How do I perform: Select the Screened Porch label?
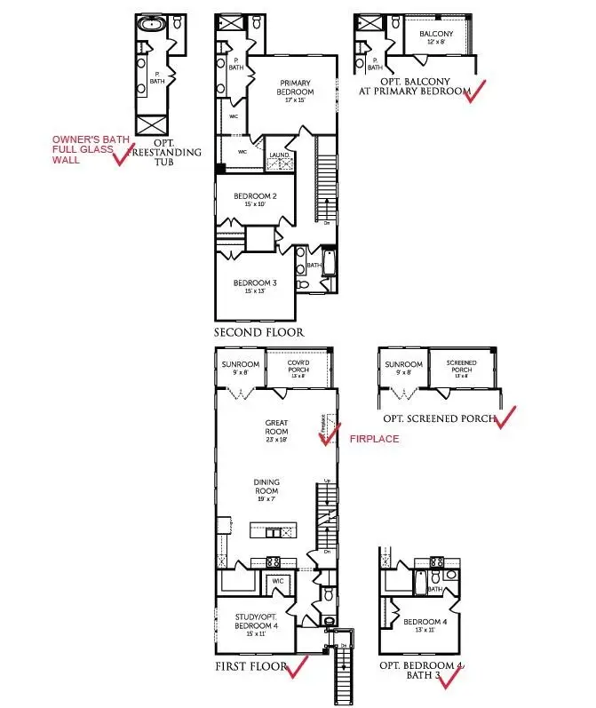tap(461, 369)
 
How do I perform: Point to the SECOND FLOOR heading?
tap(259, 332)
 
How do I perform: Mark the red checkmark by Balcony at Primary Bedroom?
tap(480, 89)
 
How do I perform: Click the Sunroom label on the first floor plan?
tap(241, 369)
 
